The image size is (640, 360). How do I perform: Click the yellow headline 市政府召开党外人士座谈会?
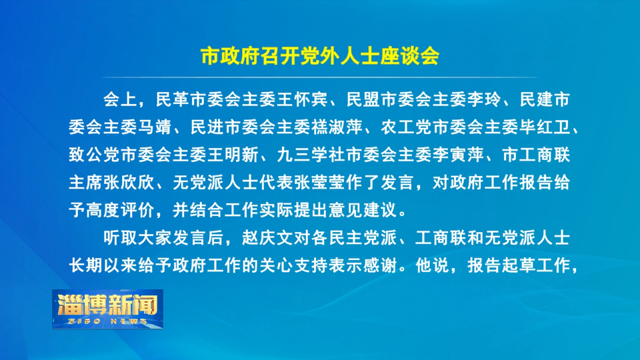tap(320, 56)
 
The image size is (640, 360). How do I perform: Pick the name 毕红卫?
tap(545, 127)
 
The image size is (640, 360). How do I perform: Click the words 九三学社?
tap(311, 155)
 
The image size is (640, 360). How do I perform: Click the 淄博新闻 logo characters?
tap(107, 305)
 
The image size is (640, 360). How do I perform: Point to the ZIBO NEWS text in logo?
tap(108, 321)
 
